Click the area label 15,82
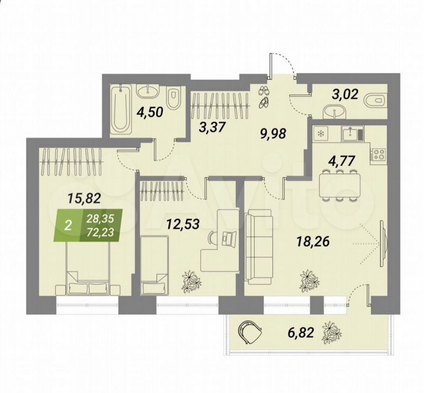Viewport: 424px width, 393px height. [84, 199]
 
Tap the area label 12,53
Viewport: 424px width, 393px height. [183, 224]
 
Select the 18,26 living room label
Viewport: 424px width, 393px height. [313, 241]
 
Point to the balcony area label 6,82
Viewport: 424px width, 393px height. [301, 332]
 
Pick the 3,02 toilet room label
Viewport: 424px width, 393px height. [345, 94]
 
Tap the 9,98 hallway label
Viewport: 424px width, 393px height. [272, 133]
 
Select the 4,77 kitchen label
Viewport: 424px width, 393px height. [341, 161]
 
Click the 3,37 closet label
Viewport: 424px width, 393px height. [212, 126]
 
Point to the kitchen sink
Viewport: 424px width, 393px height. [353, 133]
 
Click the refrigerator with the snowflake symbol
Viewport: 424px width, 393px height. [321, 133]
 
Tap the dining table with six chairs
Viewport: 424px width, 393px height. [339, 186]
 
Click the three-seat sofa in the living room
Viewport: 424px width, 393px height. [258, 247]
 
